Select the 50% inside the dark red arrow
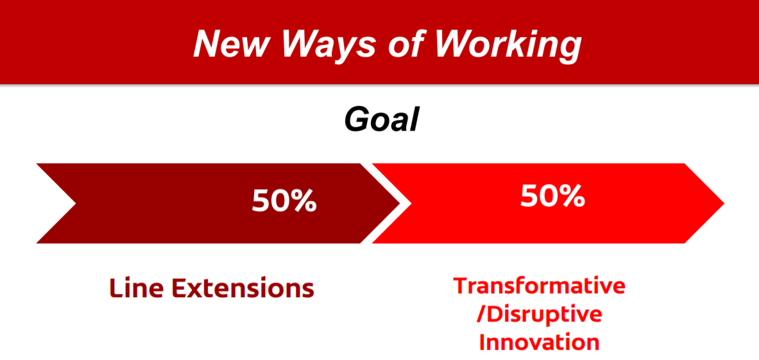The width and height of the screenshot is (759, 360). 284,201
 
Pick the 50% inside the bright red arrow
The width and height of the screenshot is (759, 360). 552,196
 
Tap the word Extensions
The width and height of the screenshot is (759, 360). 243,288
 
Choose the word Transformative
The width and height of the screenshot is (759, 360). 539,286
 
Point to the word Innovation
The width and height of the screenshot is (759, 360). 539,343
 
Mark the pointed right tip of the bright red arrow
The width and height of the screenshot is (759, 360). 724,203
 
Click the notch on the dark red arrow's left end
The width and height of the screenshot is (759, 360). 76,203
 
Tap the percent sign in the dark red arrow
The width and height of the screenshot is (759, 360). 304,201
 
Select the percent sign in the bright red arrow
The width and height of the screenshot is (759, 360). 572,196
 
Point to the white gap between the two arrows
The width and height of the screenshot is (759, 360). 386,203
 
